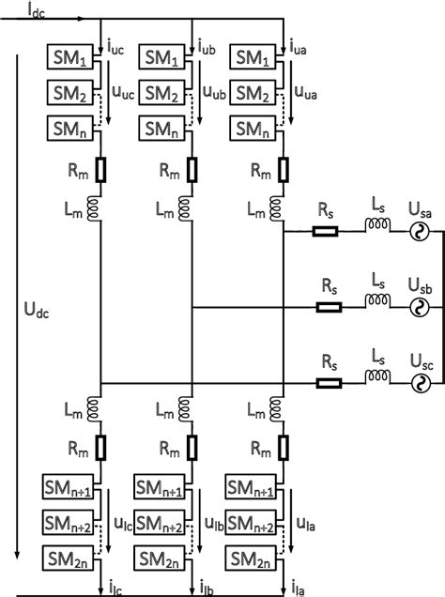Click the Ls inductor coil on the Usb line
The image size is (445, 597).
tap(378, 302)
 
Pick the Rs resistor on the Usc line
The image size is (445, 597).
tap(328, 382)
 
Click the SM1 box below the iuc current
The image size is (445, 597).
tap(71, 58)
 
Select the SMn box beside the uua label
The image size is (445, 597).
tap(252, 128)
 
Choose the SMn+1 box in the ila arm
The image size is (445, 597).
tap(250, 488)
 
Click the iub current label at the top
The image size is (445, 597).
tap(211, 44)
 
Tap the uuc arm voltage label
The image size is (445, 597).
tap(123, 93)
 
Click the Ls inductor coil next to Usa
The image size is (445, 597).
tap(378, 225)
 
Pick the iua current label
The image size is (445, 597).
tap(302, 44)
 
